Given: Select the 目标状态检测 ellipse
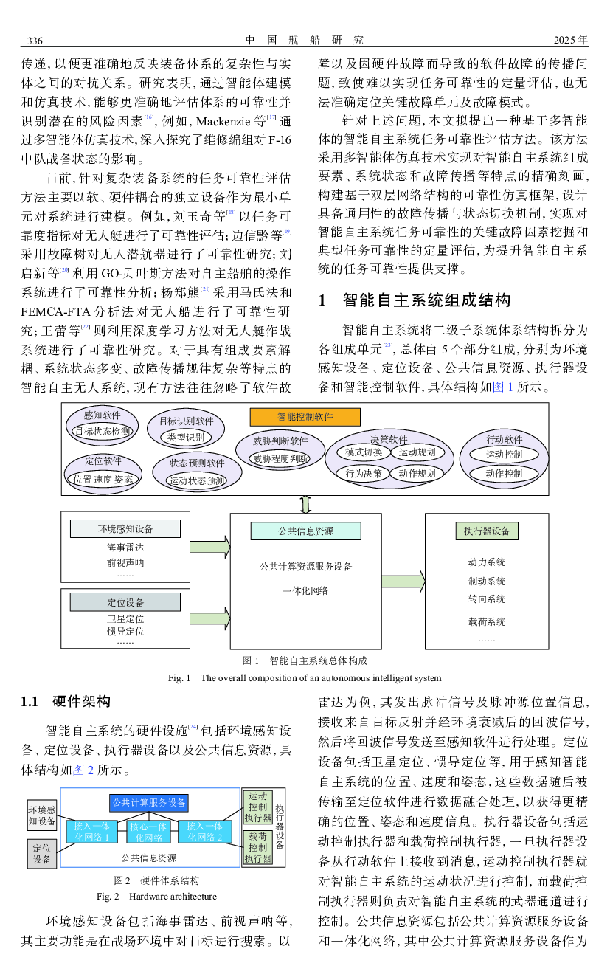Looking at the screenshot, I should (103, 432).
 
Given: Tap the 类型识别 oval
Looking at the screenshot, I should (186, 438).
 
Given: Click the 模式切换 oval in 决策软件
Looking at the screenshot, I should (364, 452).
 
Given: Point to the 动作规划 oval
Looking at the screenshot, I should (417, 473).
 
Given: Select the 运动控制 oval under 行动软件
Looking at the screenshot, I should (504, 455).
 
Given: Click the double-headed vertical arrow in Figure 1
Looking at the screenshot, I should (306, 504).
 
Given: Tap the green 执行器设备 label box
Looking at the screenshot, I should (487, 531).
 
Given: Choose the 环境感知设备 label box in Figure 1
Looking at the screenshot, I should (125, 528).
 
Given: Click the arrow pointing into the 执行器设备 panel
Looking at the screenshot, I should (403, 579).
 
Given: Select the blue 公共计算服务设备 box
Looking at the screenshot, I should (149, 802).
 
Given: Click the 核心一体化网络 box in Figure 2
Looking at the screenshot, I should (149, 832).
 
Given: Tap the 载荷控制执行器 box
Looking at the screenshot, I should (258, 847).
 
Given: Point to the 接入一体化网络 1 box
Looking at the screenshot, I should (91, 832).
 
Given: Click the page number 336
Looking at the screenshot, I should (35, 40).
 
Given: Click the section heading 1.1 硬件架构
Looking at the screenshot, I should (66, 701).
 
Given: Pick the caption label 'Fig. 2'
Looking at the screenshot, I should (108, 897).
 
